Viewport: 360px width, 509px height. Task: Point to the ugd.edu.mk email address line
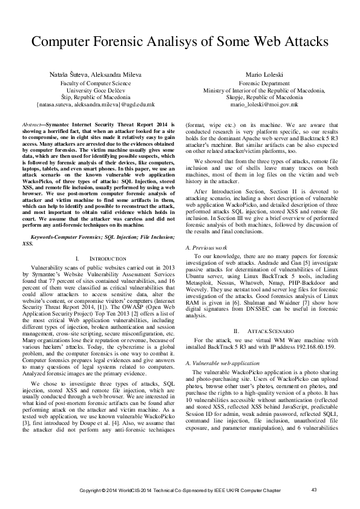tap(96, 104)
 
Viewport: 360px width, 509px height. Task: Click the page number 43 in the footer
tap(313, 489)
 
